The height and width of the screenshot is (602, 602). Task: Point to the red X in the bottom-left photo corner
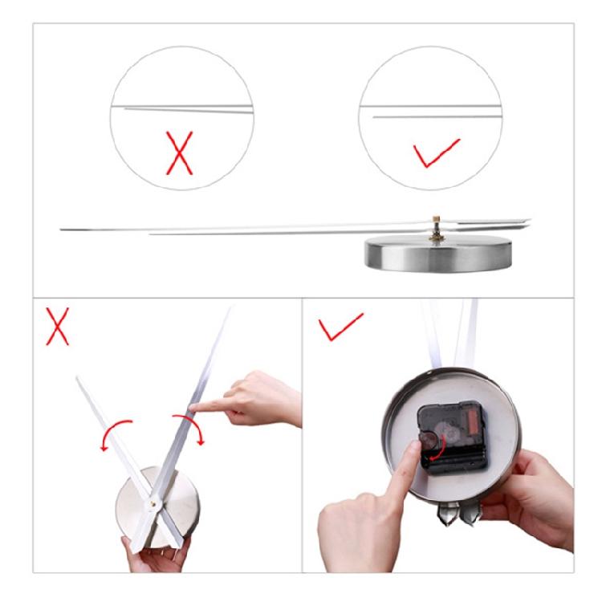click(x=57, y=325)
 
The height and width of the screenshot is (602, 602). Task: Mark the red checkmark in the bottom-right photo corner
click(x=337, y=326)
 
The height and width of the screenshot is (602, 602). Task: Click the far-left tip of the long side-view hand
click(x=63, y=230)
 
